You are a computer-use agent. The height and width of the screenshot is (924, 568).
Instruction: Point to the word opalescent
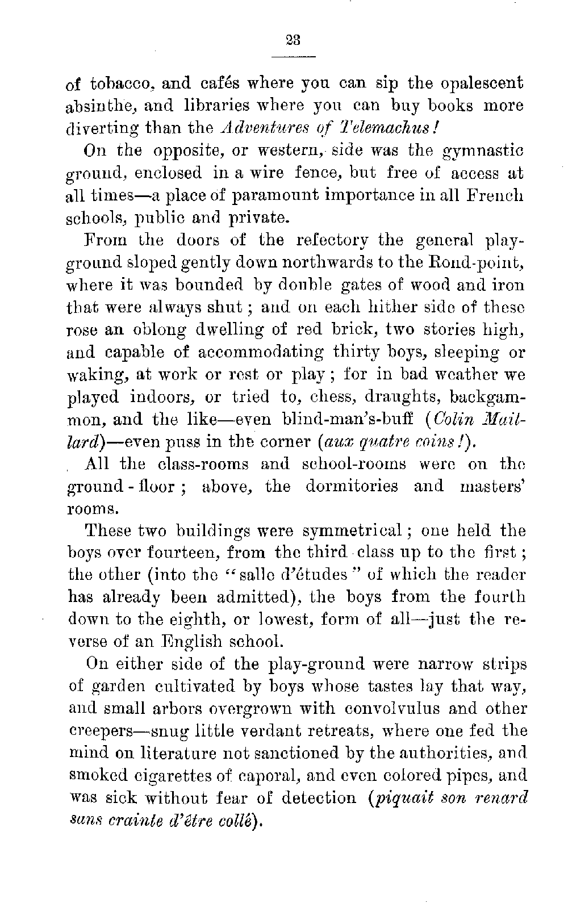(478, 84)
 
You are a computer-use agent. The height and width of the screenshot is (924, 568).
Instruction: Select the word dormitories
(352, 486)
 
